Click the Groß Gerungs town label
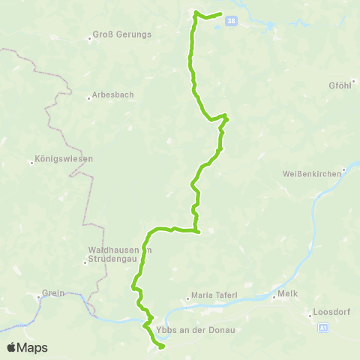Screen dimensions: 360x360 click(122, 34)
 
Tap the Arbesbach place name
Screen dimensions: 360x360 click(112, 96)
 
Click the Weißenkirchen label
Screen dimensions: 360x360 click(310, 174)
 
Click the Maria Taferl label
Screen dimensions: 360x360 click(215, 295)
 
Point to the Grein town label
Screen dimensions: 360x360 click(54, 293)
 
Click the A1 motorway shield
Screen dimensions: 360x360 click(322, 328)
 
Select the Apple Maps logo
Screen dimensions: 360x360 click(27, 347)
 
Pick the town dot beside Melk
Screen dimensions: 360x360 click(274, 295)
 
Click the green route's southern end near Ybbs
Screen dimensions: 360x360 click(162, 346)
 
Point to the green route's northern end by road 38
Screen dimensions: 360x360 click(221, 14)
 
